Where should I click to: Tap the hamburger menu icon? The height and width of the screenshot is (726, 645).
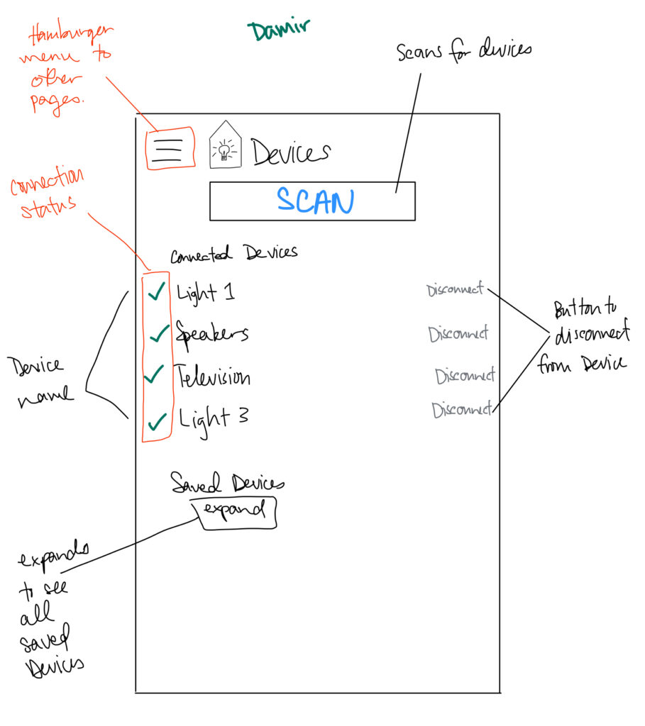pos(168,149)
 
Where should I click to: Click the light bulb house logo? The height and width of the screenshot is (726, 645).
pos(225,146)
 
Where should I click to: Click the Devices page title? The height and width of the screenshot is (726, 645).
pos(291,152)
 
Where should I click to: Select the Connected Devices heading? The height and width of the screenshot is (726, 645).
pos(233,253)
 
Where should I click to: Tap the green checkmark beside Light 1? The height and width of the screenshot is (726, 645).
pos(157,291)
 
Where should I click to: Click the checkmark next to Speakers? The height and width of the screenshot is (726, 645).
pos(159,333)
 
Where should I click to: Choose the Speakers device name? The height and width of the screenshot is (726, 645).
pos(212,333)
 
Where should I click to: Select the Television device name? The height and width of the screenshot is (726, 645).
pos(213,376)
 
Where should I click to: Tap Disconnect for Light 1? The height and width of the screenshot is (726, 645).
pos(455,290)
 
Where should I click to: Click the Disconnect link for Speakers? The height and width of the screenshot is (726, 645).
pos(458,334)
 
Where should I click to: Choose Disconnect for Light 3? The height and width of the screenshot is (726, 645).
pos(461,410)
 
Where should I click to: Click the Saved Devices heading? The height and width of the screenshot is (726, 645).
pos(227,484)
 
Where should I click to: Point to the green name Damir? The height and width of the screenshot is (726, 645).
pos(278,30)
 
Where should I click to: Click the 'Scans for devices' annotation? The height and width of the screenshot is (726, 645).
pos(463,52)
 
